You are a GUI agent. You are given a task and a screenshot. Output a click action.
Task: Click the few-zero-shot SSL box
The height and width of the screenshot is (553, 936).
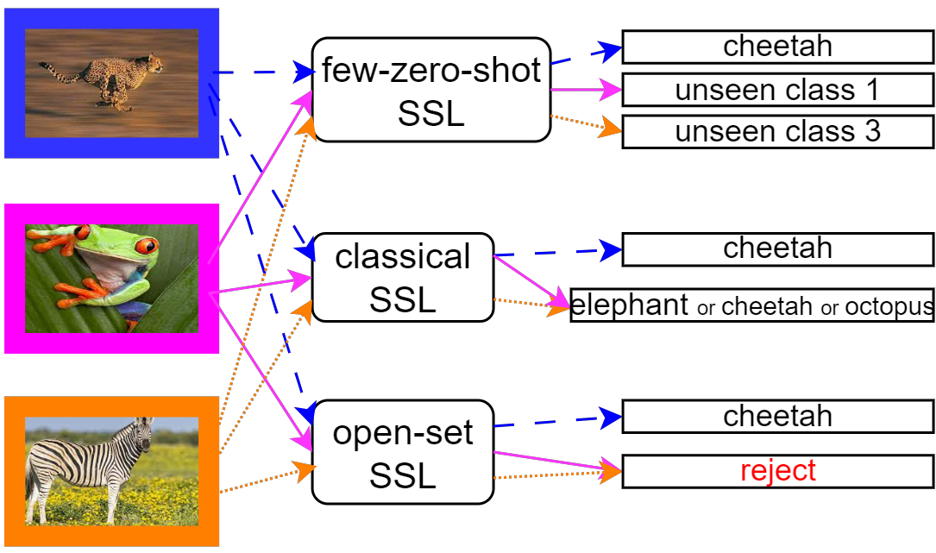(x=430, y=90)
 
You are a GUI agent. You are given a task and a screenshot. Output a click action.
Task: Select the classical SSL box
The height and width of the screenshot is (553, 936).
(x=402, y=277)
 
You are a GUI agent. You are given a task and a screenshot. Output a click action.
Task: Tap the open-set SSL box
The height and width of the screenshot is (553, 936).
(x=402, y=452)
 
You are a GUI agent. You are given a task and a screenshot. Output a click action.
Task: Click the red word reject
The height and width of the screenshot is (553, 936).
(x=777, y=471)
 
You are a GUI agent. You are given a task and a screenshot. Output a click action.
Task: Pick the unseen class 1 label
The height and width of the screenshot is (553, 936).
(x=777, y=90)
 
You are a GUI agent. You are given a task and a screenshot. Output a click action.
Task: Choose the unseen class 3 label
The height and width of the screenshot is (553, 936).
(x=777, y=132)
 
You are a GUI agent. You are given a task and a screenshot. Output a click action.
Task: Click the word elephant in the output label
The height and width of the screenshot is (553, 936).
(x=631, y=305)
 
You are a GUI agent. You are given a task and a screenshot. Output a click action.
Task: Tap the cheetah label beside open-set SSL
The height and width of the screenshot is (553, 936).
(x=777, y=417)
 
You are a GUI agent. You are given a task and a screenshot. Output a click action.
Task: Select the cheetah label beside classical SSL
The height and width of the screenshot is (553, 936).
(x=777, y=248)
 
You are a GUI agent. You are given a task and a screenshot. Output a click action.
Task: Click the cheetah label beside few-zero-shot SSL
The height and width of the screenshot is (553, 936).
(x=777, y=46)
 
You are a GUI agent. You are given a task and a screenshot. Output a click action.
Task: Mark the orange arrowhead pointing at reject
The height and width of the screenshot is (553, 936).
(x=612, y=472)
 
